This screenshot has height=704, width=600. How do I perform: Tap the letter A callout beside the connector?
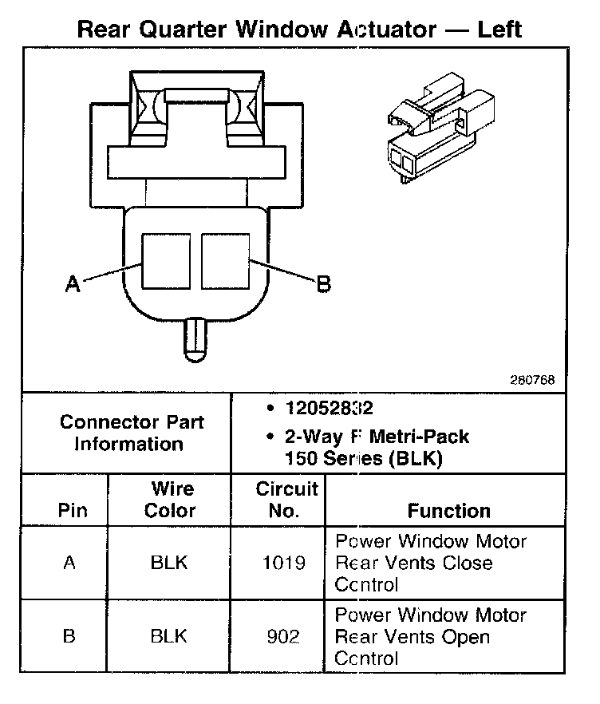[x=73, y=283]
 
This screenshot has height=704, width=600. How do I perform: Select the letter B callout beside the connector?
[x=324, y=283]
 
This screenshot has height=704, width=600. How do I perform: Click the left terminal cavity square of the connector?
[x=166, y=261]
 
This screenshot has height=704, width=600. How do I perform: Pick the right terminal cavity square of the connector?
[x=227, y=261]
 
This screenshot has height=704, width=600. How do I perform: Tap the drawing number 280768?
[x=533, y=380]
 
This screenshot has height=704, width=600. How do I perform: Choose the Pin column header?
[x=73, y=511]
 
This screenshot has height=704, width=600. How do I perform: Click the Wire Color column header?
[x=171, y=500]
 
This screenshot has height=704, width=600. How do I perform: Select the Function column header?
[x=448, y=511]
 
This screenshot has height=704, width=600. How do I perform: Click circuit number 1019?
[x=283, y=563]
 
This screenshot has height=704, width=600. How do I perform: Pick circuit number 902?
[x=283, y=636]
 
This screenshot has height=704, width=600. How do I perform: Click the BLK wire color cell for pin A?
[x=169, y=563]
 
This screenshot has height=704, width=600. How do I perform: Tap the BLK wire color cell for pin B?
[x=169, y=636]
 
